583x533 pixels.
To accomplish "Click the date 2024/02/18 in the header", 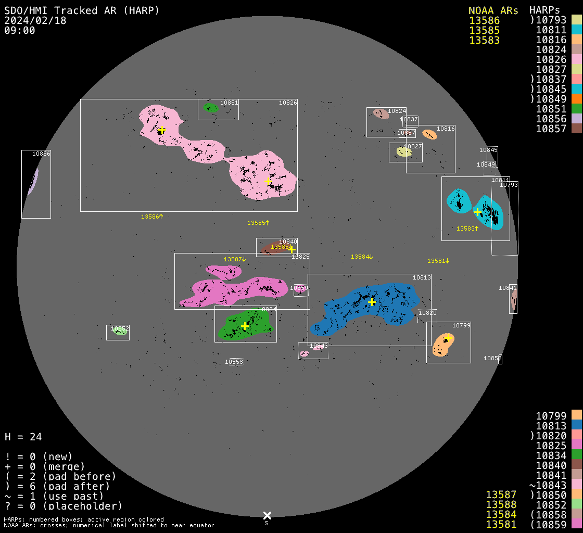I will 30,20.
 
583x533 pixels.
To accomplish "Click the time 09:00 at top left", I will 19,30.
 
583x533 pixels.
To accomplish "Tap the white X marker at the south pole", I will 267,515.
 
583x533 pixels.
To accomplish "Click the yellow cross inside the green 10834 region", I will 245,326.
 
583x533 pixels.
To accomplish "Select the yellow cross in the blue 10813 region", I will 372,302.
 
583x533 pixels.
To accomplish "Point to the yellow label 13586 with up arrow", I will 152,217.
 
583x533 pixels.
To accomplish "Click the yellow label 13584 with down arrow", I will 362,257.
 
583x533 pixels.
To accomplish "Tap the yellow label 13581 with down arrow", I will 438,261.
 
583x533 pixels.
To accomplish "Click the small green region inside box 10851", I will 210,108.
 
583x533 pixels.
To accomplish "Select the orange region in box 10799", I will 443,345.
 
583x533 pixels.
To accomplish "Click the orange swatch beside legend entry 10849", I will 576,98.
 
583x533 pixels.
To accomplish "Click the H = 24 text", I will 23,437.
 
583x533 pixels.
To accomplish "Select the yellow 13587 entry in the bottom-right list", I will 501,494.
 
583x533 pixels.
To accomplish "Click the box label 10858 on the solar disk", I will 234,362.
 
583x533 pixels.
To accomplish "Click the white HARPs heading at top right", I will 544,10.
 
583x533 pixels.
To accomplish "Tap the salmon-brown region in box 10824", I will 381,113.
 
